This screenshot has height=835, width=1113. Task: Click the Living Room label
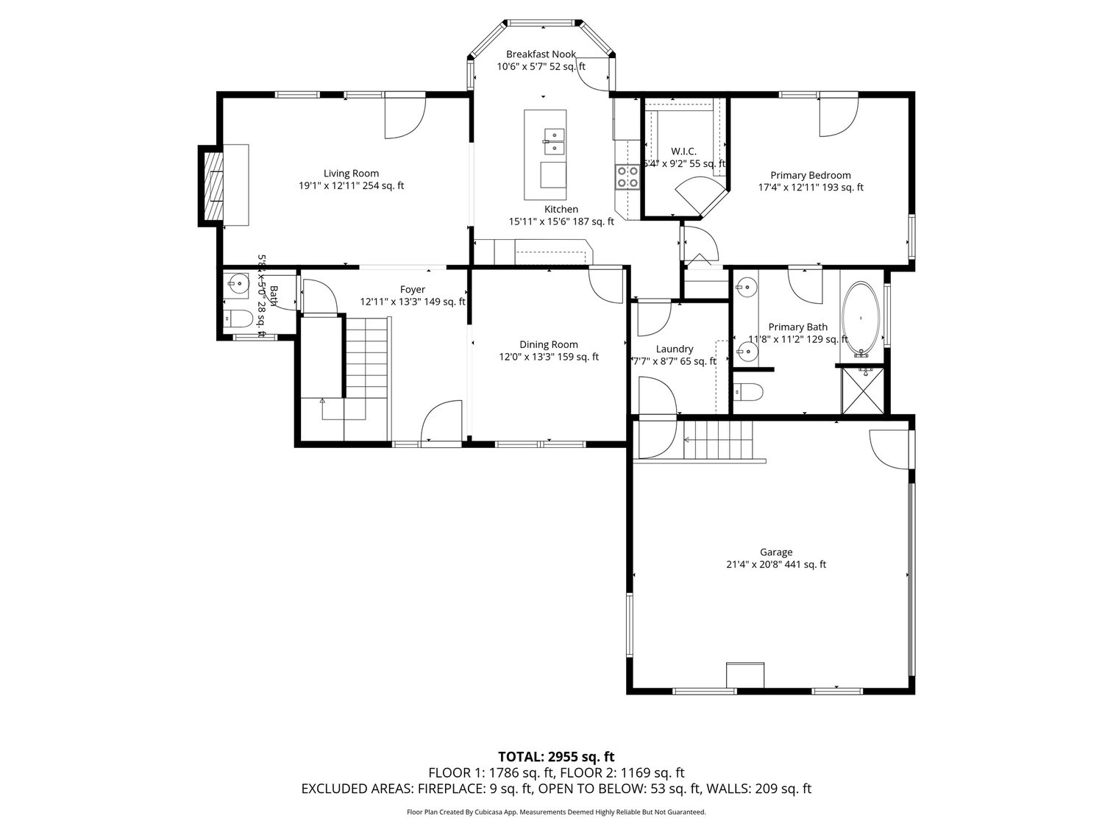351,174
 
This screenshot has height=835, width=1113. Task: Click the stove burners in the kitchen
627,177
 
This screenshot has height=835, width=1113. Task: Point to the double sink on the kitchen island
553,142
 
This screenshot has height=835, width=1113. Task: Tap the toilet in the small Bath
238,319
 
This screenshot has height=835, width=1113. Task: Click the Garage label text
776,552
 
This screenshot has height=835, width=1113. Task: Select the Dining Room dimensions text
549,357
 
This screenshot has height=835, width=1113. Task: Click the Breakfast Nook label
541,54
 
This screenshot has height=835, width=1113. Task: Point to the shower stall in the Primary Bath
864,390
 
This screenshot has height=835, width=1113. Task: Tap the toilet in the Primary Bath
749,391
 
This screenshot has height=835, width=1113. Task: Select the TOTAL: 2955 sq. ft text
556,756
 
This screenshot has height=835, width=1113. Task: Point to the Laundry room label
675,349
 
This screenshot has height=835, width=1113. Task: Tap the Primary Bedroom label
810,175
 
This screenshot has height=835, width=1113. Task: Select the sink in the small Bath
238,283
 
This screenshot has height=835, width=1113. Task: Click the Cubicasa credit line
556,812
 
